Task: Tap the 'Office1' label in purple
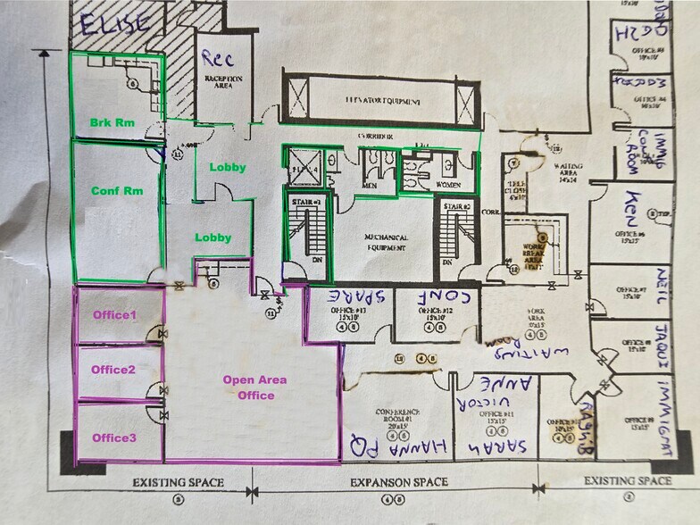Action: (x=113, y=315)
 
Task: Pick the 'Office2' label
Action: (x=113, y=370)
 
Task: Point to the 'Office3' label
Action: (x=113, y=437)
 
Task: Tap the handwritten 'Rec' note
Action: (x=217, y=58)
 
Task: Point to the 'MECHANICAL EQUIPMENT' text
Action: (x=387, y=244)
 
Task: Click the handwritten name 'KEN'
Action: (x=635, y=207)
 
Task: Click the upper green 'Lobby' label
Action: (x=227, y=167)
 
